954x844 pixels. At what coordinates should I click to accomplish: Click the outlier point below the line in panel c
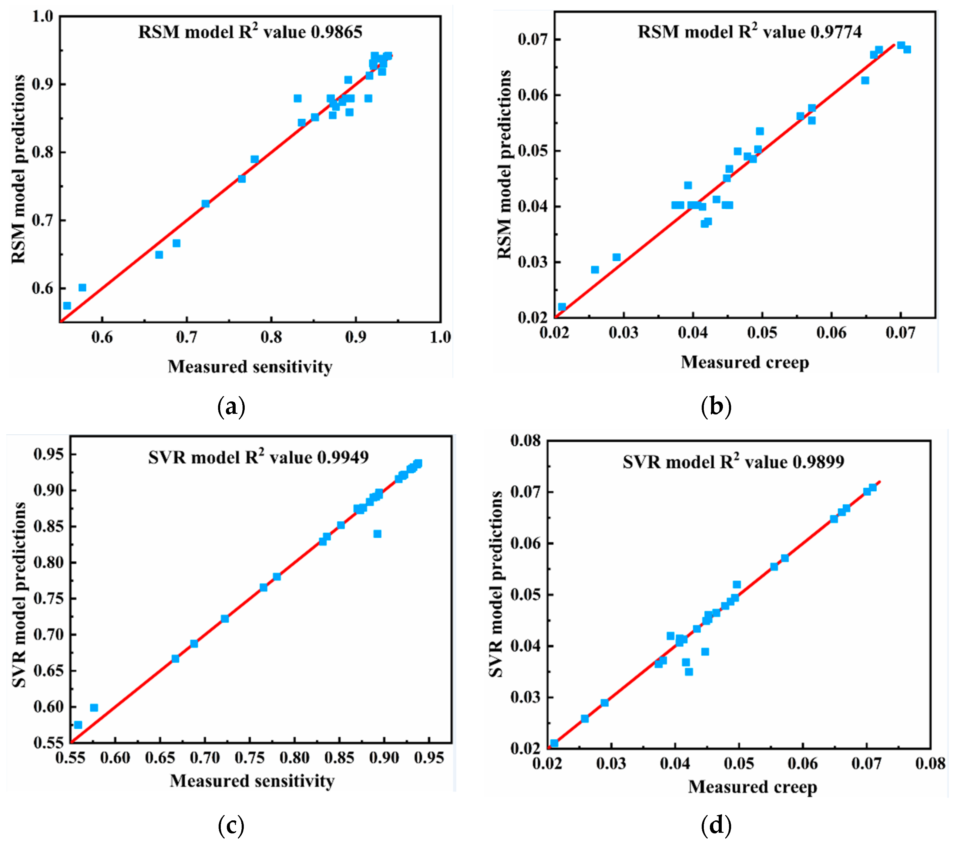tap(377, 534)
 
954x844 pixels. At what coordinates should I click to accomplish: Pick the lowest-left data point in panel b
tap(562, 307)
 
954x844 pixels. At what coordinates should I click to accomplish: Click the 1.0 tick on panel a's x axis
tap(440, 337)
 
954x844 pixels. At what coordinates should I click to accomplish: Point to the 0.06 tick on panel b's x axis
tap(831, 333)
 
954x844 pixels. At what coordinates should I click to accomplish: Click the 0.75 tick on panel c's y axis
tap(49, 598)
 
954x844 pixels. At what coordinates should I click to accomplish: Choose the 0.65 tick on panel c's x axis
tap(160, 758)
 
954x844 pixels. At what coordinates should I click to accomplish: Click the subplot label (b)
tap(716, 407)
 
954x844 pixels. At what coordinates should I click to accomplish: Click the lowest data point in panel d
tap(554, 743)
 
